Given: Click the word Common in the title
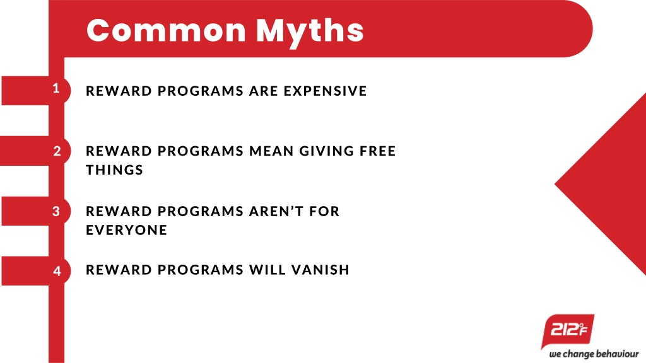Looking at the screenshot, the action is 167,30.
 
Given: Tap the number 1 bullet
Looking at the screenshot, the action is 56,88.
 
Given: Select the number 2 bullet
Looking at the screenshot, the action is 57,151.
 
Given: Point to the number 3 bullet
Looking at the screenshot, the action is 56,211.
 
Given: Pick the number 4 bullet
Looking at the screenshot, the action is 57,271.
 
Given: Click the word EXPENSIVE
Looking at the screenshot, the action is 325,91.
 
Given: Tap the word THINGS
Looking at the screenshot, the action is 114,170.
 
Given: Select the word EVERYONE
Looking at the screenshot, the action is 126,229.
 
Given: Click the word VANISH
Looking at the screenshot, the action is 320,270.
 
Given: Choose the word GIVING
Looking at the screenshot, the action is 327,151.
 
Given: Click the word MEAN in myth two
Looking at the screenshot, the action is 271,151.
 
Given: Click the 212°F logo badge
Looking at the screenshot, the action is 568,330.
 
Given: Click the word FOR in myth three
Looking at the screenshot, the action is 324,211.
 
